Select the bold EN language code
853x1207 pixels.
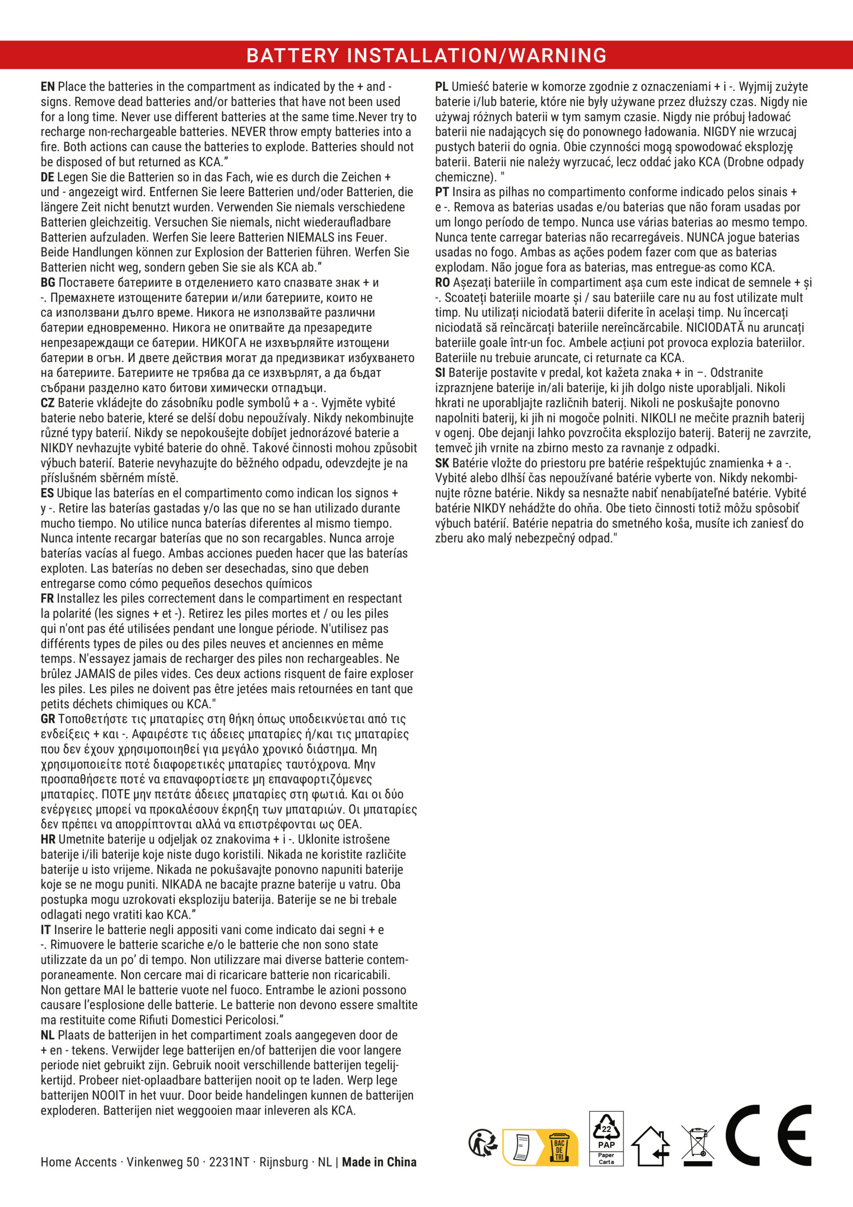(x=47, y=87)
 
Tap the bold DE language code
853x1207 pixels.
(x=47, y=177)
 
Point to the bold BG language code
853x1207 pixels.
(x=48, y=283)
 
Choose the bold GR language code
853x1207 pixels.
(x=48, y=719)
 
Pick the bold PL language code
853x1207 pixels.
(x=442, y=87)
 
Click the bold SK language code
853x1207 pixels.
(x=442, y=463)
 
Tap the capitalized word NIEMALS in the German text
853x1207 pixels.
(x=310, y=238)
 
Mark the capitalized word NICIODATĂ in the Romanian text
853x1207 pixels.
(x=715, y=328)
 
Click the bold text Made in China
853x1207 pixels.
(x=379, y=1162)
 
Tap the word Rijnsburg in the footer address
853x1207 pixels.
(x=284, y=1162)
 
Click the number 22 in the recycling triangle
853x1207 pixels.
(x=606, y=1129)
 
